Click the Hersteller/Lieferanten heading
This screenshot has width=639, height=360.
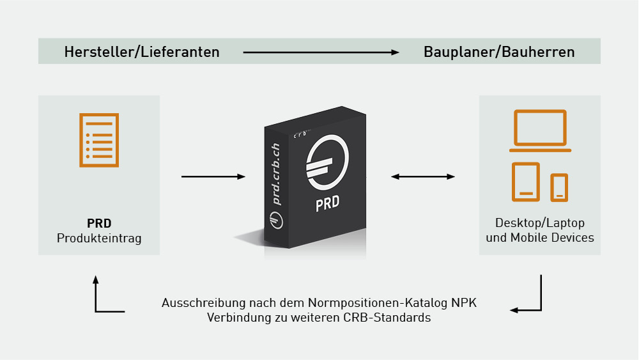[142, 52]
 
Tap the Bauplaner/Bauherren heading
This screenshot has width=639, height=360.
[499, 52]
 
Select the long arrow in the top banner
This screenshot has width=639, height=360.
[321, 52]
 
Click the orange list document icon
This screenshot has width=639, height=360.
[99, 140]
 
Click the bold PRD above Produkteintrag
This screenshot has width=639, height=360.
[99, 223]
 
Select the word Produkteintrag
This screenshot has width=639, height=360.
[99, 238]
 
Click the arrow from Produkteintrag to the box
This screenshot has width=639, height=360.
[213, 176]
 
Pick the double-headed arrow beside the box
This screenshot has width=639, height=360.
[423, 176]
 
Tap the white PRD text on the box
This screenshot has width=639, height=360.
[327, 203]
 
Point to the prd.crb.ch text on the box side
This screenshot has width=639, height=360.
[276, 174]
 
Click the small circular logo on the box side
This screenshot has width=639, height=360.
[276, 221]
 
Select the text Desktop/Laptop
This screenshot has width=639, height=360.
[540, 223]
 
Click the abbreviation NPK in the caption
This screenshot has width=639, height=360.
[464, 303]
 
